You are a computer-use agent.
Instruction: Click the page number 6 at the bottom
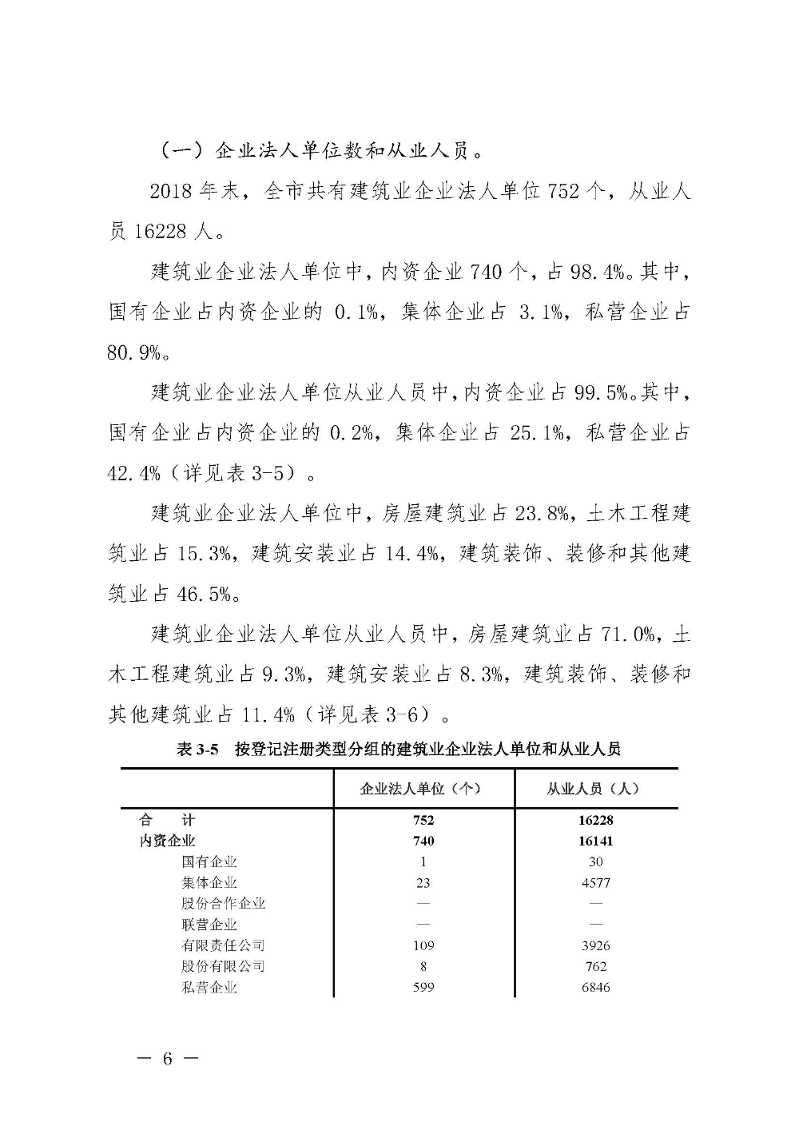(x=168, y=1059)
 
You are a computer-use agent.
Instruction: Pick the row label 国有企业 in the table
(x=209, y=861)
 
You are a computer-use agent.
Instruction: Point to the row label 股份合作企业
(x=223, y=903)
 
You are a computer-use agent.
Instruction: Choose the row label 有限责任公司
(x=223, y=945)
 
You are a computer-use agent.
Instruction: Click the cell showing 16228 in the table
(x=596, y=820)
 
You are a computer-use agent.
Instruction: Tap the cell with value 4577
(x=596, y=882)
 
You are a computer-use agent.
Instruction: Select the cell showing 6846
(x=596, y=987)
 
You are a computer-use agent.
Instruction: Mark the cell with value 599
(x=423, y=987)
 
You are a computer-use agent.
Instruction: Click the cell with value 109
(x=423, y=945)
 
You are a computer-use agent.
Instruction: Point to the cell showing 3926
(x=596, y=945)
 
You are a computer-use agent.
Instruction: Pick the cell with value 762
(x=596, y=966)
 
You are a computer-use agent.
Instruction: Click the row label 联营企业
(x=209, y=925)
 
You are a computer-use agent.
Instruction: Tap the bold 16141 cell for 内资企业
(x=596, y=841)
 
